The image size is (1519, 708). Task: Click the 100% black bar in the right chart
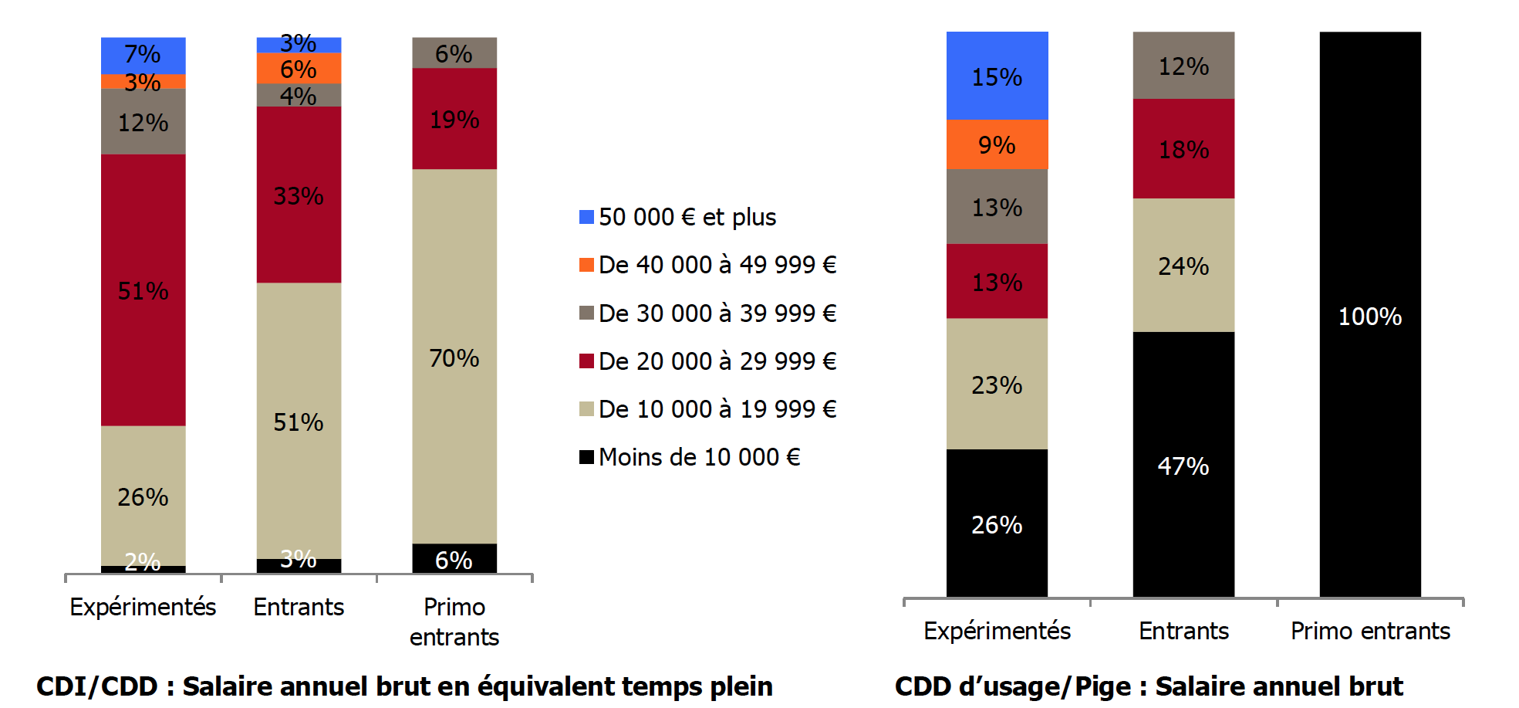pyautogui.click(x=1369, y=232)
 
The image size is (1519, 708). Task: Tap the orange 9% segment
pyautogui.click(x=997, y=144)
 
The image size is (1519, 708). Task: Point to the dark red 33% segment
pyautogui.click(x=299, y=195)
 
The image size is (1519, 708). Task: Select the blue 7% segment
pyautogui.click(x=143, y=55)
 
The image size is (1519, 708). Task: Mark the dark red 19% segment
pyautogui.click(x=454, y=119)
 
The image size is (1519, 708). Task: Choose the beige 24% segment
pyautogui.click(x=1183, y=265)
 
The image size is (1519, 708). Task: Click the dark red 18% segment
pyautogui.click(x=1183, y=148)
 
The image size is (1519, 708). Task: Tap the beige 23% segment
pyautogui.click(x=997, y=384)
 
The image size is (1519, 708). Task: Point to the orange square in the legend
pyautogui.click(x=586, y=265)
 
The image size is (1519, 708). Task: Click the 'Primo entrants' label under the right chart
pyautogui.click(x=1370, y=631)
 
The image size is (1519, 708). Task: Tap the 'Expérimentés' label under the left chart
pyautogui.click(x=143, y=607)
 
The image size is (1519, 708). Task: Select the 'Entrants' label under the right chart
pyautogui.click(x=1183, y=631)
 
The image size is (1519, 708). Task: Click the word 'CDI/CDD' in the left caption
pyautogui.click(x=97, y=686)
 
